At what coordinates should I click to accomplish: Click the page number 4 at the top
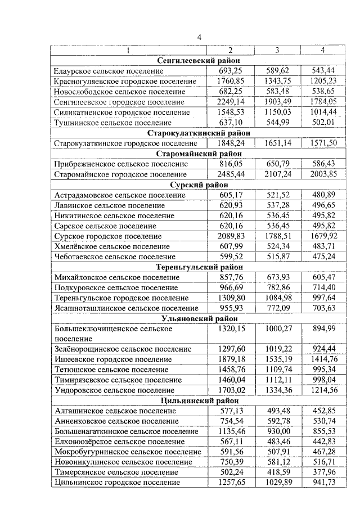[199, 38]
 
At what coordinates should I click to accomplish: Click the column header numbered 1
[128, 51]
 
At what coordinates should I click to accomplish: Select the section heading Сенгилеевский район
[199, 61]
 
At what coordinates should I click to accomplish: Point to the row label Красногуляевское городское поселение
[125, 82]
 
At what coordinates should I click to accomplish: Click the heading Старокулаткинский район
[199, 133]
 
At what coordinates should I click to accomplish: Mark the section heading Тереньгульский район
[199, 267]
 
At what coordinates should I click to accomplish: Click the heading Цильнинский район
[199, 400]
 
